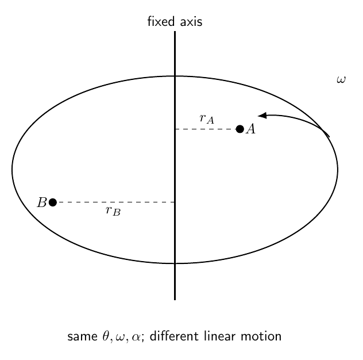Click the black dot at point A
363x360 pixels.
coord(240,129)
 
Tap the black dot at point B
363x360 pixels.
coord(53,202)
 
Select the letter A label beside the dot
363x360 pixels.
coord(251,129)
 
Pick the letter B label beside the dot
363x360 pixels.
coord(42,202)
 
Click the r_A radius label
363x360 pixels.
coord(207,118)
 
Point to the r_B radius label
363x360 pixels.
coord(113,211)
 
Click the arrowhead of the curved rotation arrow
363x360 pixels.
coord(262,115)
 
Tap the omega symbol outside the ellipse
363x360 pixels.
coord(341,80)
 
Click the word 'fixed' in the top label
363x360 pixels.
coord(161,21)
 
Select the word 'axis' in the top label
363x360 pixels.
coord(191,22)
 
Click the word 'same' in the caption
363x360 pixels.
coord(82,336)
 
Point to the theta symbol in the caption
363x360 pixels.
coord(105,336)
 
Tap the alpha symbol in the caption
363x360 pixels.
coord(136,337)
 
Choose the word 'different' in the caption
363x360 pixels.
coord(174,336)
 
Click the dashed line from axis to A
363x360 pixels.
coord(206,129)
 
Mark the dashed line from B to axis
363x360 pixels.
coord(116,202)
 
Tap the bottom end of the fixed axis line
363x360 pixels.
coord(175,300)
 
